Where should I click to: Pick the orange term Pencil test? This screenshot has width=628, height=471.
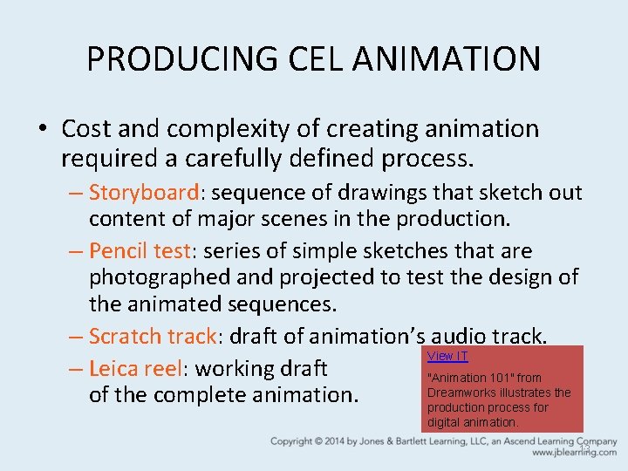140,251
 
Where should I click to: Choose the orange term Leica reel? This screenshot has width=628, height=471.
135,368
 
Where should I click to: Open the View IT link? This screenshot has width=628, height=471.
447,356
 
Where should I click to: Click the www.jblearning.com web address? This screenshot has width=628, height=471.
574,453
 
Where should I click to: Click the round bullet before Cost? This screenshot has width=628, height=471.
42,130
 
